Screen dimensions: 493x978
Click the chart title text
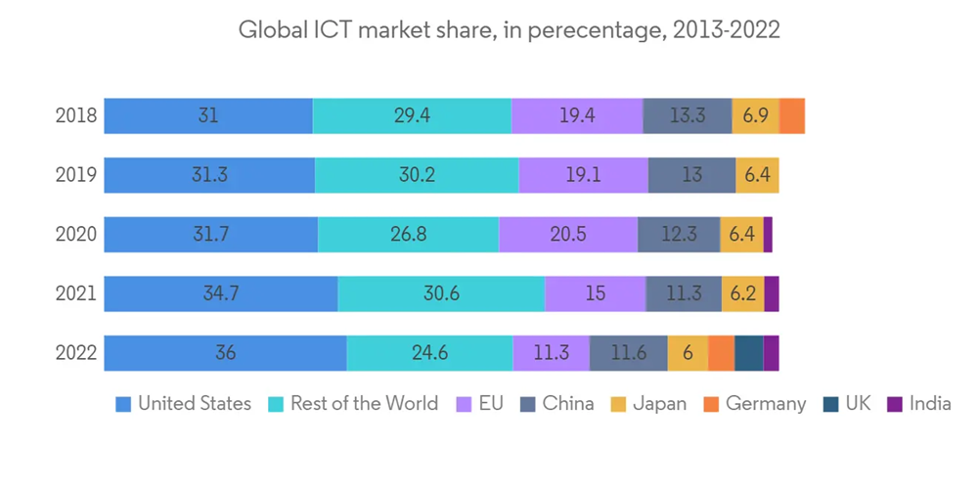[x=509, y=30]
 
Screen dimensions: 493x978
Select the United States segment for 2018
[x=208, y=115]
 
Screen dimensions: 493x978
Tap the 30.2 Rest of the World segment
[x=417, y=175]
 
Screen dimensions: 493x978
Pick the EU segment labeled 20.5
[x=568, y=235]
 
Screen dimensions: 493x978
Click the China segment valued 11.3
[x=684, y=293]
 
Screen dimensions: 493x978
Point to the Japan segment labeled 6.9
[x=756, y=115]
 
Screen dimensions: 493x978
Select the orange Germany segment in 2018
[x=792, y=115]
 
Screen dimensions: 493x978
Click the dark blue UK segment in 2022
[x=748, y=353]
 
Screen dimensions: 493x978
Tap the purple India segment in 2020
[x=768, y=235]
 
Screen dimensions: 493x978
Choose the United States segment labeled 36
[x=225, y=353]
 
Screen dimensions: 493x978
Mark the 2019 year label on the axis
[x=76, y=175]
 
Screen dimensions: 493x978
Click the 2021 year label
[x=76, y=293]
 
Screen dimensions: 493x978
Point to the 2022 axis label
[x=76, y=353]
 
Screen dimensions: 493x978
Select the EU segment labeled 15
[x=595, y=293]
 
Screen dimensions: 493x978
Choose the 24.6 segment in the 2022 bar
[x=429, y=353]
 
